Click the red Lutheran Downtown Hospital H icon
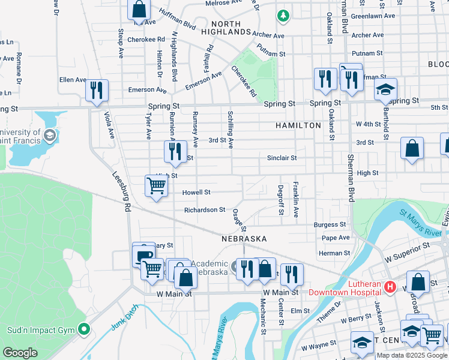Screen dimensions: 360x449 click(x=390, y=288)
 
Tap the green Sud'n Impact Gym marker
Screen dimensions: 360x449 click(x=84, y=329)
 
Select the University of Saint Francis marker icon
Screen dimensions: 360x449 click(x=50, y=136)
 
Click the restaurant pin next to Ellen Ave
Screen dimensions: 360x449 click(x=96, y=91)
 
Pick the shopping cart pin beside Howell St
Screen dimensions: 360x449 click(x=156, y=186)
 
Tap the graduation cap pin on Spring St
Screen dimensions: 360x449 click(x=385, y=90)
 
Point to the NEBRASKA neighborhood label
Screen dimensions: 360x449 click(x=244, y=239)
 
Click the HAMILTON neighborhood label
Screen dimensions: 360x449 click(x=298, y=125)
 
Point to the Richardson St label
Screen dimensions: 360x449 click(x=205, y=210)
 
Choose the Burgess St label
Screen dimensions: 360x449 click(x=330, y=224)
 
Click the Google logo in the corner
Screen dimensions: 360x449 click(x=20, y=353)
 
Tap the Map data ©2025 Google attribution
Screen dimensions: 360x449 click(x=412, y=355)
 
